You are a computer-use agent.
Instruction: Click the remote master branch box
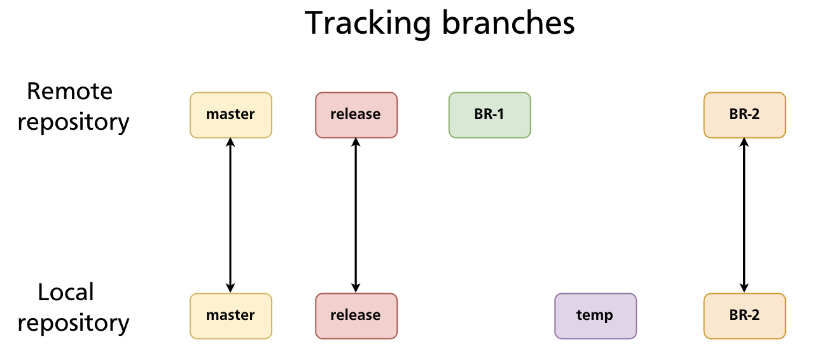(230, 114)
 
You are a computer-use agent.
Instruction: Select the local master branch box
(230, 315)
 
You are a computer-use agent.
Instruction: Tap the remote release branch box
(356, 114)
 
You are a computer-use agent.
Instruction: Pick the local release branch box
(356, 315)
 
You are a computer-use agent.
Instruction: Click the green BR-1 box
(489, 114)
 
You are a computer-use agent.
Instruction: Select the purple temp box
(595, 315)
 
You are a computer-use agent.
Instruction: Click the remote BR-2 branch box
(744, 114)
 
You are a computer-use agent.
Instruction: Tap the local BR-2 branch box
(744, 315)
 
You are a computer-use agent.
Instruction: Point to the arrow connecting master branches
(230, 215)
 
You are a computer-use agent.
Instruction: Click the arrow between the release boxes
(356, 215)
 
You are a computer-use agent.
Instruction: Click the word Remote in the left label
(70, 92)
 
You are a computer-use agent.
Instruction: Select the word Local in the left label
(66, 293)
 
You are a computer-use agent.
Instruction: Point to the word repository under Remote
(73, 122)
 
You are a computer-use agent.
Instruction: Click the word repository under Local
(73, 323)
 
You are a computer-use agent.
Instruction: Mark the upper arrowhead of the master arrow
(230, 143)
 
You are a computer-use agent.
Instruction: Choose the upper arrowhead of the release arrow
(356, 143)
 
